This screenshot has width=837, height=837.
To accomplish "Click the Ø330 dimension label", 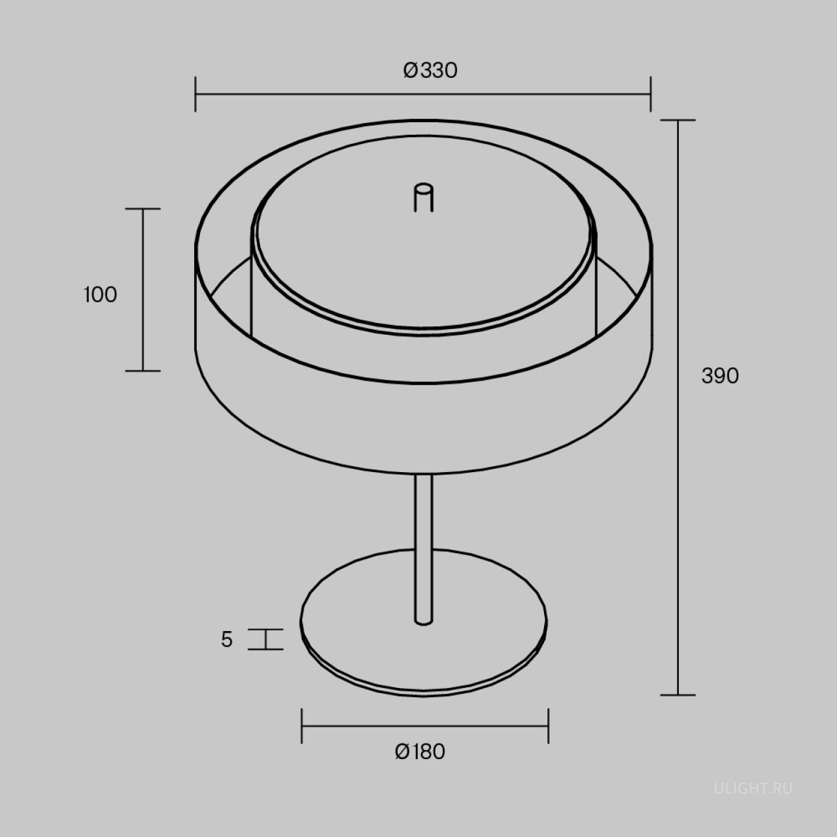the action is (430, 71).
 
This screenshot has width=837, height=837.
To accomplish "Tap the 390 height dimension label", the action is (720, 376).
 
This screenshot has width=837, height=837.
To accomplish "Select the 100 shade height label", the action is (100, 295).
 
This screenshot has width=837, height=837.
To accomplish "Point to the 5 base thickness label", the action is (227, 640).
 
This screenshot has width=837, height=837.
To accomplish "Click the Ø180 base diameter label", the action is (420, 751).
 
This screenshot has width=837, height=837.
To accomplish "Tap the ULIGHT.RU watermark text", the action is (753, 789).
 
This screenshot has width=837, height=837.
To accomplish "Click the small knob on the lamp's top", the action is (424, 199).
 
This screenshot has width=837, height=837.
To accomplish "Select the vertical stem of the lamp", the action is (424, 549).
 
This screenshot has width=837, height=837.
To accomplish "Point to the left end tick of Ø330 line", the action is (196, 94).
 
